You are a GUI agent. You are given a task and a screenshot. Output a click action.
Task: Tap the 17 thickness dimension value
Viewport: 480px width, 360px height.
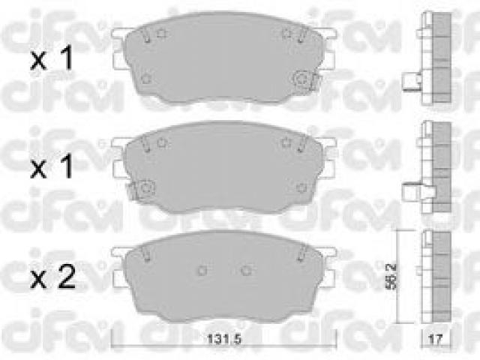click(436, 339)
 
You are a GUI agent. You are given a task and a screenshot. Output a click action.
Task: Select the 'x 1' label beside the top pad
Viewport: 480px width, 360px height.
click(52, 58)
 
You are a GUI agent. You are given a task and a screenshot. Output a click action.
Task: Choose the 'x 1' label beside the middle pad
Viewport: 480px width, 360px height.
click(52, 166)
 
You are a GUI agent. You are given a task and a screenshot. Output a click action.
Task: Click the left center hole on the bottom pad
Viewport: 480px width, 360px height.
click(202, 270)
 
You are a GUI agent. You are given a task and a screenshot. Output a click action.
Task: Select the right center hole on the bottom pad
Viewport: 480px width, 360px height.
click(246, 270)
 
